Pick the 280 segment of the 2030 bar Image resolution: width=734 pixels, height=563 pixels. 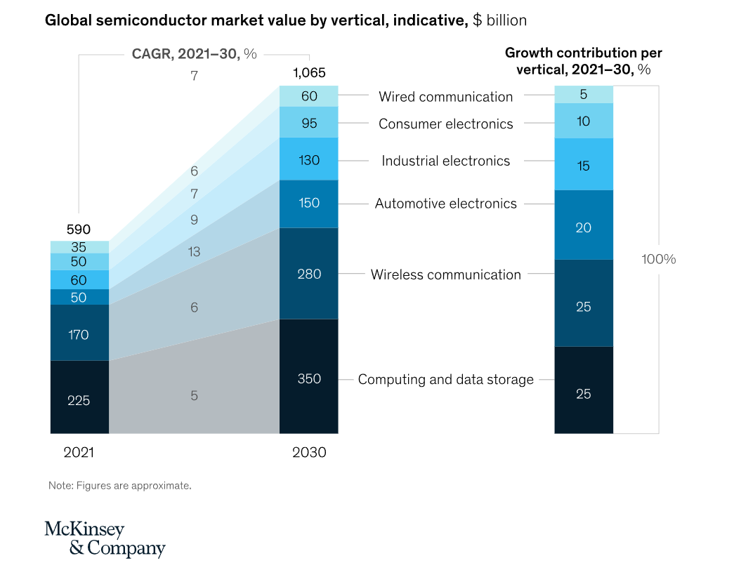pyautogui.click(x=309, y=274)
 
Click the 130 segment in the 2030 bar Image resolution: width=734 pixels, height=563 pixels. pyautogui.click(x=309, y=160)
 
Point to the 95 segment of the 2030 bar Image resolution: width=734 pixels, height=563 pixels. pyautogui.click(x=309, y=123)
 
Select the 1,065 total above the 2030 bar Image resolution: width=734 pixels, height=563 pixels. pyautogui.click(x=309, y=73)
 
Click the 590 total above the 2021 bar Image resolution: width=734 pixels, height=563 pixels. pyautogui.click(x=79, y=230)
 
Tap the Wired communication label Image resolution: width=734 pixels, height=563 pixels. pyautogui.click(x=445, y=97)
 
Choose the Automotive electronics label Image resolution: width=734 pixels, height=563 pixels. pyautogui.click(x=445, y=204)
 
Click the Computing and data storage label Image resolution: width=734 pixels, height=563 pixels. pyautogui.click(x=445, y=380)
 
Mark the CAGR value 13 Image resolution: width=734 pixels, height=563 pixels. pyautogui.click(x=194, y=252)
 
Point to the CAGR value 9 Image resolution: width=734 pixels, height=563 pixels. pyautogui.click(x=194, y=220)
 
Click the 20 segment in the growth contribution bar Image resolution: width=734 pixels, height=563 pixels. pyautogui.click(x=583, y=227)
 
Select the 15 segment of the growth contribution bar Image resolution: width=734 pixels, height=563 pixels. pyautogui.click(x=583, y=166)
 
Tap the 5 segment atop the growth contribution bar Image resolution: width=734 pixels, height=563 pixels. pyautogui.click(x=583, y=95)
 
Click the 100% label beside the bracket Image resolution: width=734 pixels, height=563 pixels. pyautogui.click(x=658, y=259)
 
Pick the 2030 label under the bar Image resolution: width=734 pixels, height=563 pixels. pyautogui.click(x=309, y=453)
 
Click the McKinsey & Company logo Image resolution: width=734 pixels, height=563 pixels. pyautogui.click(x=105, y=538)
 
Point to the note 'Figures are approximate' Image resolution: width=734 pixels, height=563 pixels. pyautogui.click(x=119, y=485)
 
